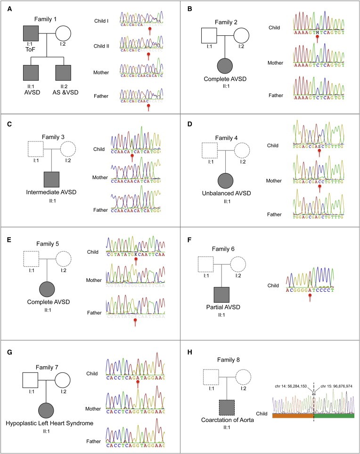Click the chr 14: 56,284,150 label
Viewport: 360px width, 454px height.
[x=291, y=386]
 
